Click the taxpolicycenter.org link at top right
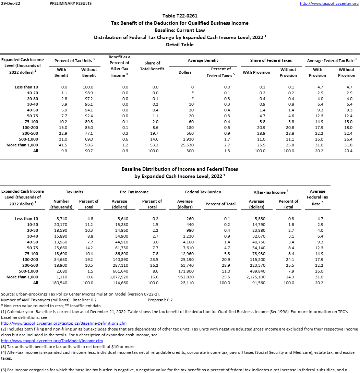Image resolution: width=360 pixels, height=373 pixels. (329, 3)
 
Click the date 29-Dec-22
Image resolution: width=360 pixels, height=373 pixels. (10, 3)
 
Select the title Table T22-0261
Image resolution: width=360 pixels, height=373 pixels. (180, 16)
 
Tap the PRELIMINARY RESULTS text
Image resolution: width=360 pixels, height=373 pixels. (71, 3)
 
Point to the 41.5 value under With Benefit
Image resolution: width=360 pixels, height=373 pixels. (62, 145)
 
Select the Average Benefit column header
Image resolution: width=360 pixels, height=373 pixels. (203, 60)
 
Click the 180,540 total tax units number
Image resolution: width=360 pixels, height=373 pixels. (61, 283)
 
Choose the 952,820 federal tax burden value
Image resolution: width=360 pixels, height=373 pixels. (185, 277)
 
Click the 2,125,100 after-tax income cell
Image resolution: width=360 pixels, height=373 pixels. (256, 277)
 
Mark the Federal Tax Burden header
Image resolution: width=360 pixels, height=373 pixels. (203, 192)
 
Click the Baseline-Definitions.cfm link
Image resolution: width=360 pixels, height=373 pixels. (64, 323)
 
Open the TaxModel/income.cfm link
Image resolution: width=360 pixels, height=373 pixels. (52, 341)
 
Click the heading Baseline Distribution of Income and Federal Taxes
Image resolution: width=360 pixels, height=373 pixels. (180, 169)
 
